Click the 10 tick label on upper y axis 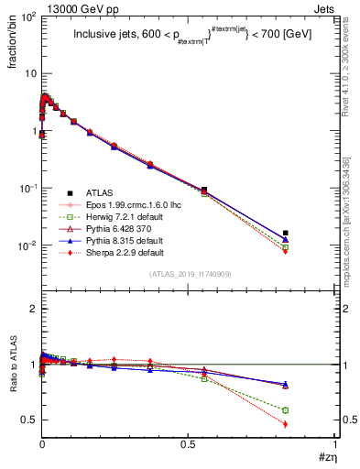tap(30, 74)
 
